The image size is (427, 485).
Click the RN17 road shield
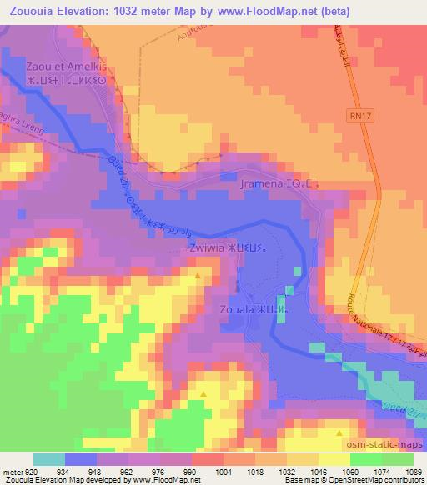coord(356,119)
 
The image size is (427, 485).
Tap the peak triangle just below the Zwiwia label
coord(198,275)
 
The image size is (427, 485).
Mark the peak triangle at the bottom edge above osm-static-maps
coord(338,433)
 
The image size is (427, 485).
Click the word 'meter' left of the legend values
coord(13,473)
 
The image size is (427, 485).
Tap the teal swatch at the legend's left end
coord(48,459)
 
